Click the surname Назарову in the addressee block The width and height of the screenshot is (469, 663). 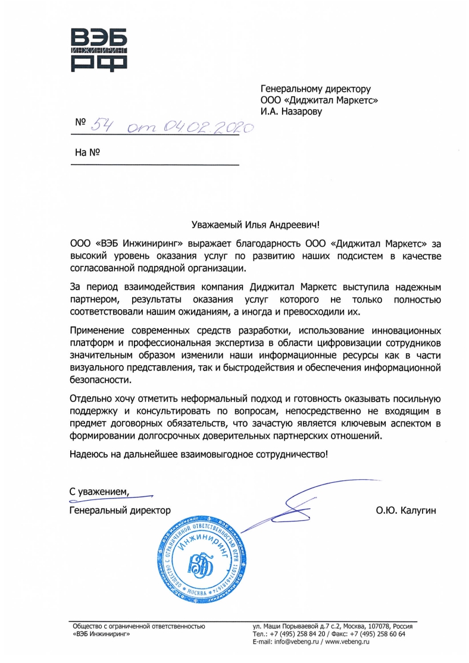[299, 111]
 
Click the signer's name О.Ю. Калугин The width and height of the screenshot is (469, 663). [405, 510]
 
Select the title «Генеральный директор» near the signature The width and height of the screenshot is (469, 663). [120, 510]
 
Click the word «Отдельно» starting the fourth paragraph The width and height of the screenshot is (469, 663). [91, 398]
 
